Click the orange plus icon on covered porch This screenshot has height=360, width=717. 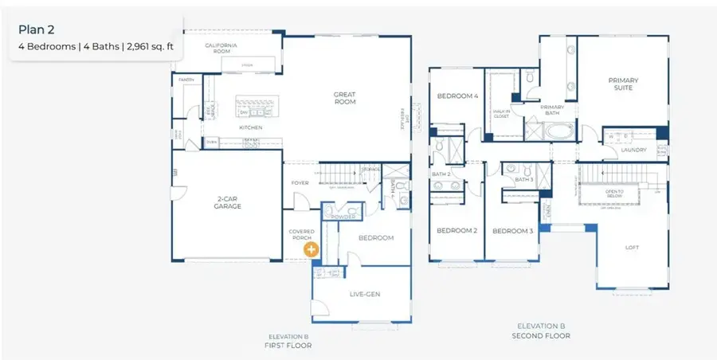pos(311,249)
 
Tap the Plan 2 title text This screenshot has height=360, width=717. pos(36,29)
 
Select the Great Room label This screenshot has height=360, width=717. pos(344,99)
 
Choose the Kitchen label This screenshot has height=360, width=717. pos(251,127)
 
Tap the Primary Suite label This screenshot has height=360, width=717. pos(623,84)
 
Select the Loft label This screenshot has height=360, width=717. pos(632,248)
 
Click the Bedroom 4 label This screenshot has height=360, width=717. pos(457,96)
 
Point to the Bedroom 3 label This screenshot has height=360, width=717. pos(512,231)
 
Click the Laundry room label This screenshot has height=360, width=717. pos(633,149)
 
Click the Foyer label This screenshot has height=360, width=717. pos(300,182)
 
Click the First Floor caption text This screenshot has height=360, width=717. pos(288,345)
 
